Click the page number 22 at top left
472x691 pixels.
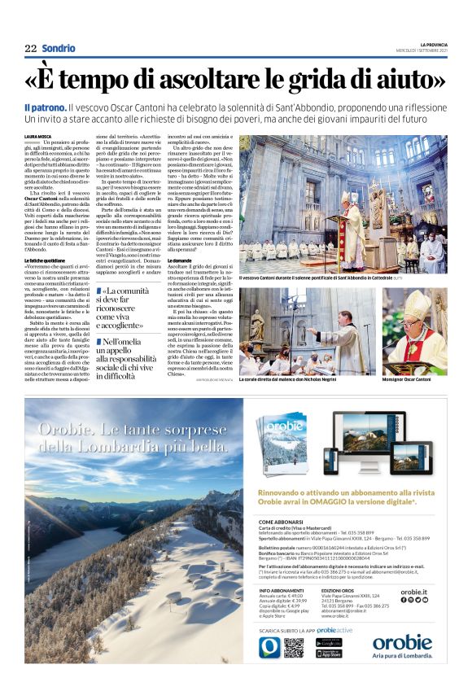(x=30, y=49)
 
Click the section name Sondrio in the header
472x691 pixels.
(x=59, y=49)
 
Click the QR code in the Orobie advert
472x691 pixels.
(x=294, y=647)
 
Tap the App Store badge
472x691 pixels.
(x=329, y=654)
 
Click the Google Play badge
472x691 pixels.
(x=329, y=642)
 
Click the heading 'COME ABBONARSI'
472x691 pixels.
(x=282, y=522)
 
